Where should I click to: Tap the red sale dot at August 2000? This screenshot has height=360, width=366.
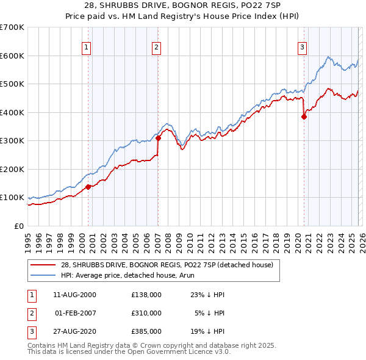(x=88, y=187)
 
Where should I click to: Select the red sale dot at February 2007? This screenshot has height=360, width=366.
(x=158, y=138)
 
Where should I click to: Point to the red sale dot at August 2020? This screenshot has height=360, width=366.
(x=304, y=117)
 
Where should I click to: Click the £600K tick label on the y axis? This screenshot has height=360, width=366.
(x=12, y=56)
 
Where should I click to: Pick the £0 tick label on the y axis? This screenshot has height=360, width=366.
(x=20, y=226)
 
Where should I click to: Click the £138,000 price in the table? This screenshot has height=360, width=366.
(x=146, y=294)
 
